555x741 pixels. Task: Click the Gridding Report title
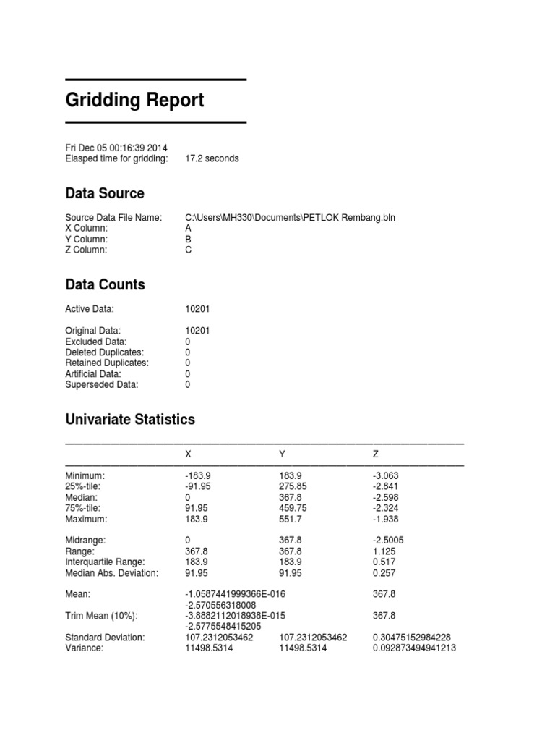134,100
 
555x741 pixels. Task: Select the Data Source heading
104,193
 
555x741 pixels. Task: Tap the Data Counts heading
105,284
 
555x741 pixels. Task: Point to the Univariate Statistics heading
129,419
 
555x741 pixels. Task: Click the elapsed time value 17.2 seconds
212,158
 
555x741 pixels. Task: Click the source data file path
290,217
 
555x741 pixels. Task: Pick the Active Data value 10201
198,309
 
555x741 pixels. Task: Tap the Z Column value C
189,250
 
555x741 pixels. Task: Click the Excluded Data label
95,342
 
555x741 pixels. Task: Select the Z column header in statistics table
376,454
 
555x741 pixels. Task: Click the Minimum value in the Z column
386,475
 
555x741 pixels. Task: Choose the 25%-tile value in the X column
199,486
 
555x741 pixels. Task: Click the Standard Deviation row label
105,638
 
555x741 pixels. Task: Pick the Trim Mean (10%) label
101,616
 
